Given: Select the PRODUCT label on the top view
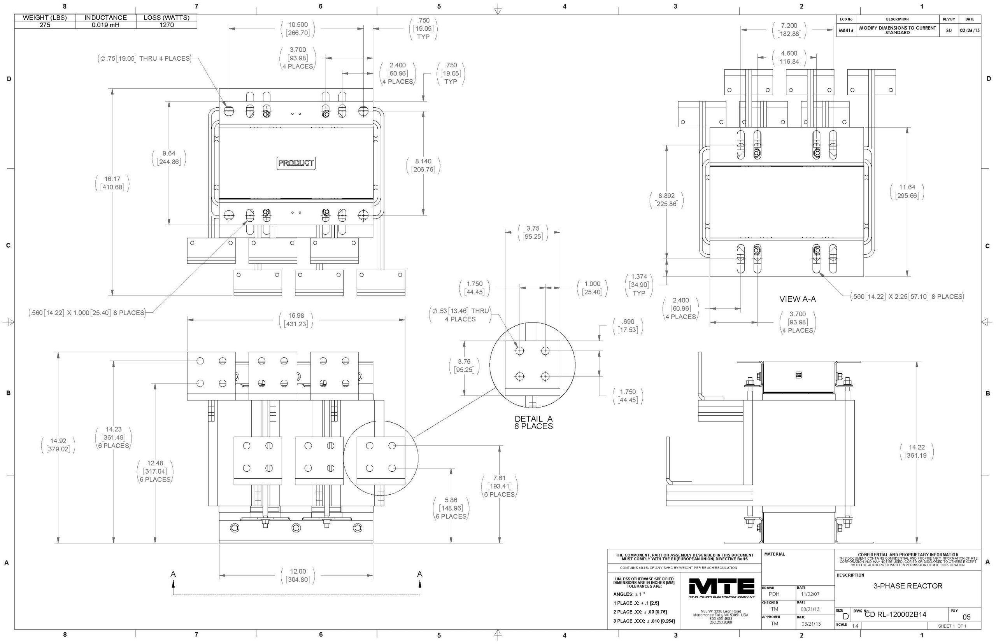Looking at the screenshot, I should pos(296,163).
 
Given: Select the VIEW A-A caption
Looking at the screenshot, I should pos(797,299).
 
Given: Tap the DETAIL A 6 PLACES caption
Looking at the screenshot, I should pos(533,422).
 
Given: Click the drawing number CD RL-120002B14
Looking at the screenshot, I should pos(895,614).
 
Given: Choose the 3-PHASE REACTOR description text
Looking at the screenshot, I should pos(907,586).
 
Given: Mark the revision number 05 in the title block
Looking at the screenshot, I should pos(966,617).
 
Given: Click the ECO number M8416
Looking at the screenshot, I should pos(845,30).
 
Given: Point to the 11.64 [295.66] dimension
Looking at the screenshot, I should pos(907,191).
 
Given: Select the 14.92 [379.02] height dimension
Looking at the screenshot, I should pos(58,445).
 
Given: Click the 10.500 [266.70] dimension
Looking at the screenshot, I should pos(297,28).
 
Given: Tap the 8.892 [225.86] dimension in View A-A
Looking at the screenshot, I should pos(666,200).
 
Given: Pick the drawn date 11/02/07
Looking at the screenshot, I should pos(810,594).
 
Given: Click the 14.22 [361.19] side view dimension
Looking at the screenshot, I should pos(916,451).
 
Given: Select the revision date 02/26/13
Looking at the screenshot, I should pos(970,30).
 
